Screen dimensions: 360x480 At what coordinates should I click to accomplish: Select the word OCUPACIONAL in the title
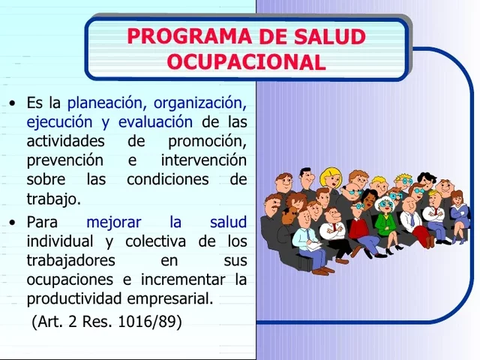[246, 61]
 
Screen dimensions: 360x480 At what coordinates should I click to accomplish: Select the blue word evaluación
[155, 121]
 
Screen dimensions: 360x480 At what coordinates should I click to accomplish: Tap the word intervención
[203, 160]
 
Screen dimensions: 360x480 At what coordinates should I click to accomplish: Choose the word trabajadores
[70, 260]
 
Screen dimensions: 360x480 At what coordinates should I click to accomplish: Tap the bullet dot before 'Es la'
[12, 103]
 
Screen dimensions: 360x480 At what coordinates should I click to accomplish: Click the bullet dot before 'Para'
[12, 223]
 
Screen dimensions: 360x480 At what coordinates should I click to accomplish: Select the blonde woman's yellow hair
[330, 178]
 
